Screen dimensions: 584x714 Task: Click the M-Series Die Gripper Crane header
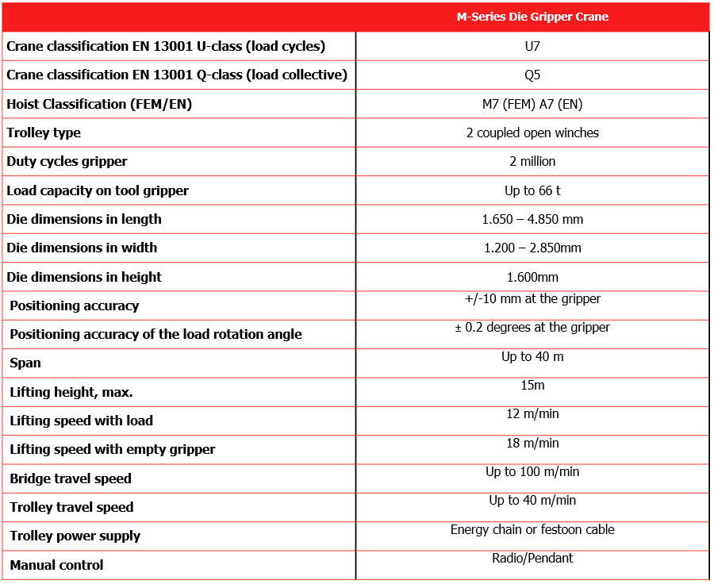click(x=532, y=17)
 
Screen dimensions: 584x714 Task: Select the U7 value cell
click(x=532, y=46)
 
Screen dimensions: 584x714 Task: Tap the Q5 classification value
click(x=532, y=75)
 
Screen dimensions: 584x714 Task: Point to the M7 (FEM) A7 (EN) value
click(x=532, y=104)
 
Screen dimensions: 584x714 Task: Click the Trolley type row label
click(x=44, y=133)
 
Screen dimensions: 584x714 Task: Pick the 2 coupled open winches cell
click(x=532, y=133)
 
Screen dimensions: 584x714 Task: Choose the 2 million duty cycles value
click(x=532, y=161)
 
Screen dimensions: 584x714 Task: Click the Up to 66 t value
click(x=532, y=190)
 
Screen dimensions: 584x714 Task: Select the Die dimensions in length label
click(x=84, y=219)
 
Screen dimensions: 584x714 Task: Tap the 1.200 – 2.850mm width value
click(x=532, y=248)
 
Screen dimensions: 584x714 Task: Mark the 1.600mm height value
click(x=532, y=277)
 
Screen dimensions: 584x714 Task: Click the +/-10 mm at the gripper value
click(x=532, y=299)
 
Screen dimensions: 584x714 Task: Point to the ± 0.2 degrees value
click(x=532, y=328)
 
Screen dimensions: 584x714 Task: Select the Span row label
click(x=25, y=363)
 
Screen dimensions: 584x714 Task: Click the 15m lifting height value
click(x=532, y=386)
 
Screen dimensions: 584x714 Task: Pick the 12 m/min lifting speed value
click(x=532, y=414)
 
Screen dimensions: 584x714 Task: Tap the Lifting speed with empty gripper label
click(x=113, y=449)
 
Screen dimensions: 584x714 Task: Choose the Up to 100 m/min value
click(x=532, y=472)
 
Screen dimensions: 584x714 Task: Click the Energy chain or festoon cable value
click(x=532, y=529)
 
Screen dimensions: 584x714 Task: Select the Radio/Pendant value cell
click(x=532, y=558)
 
